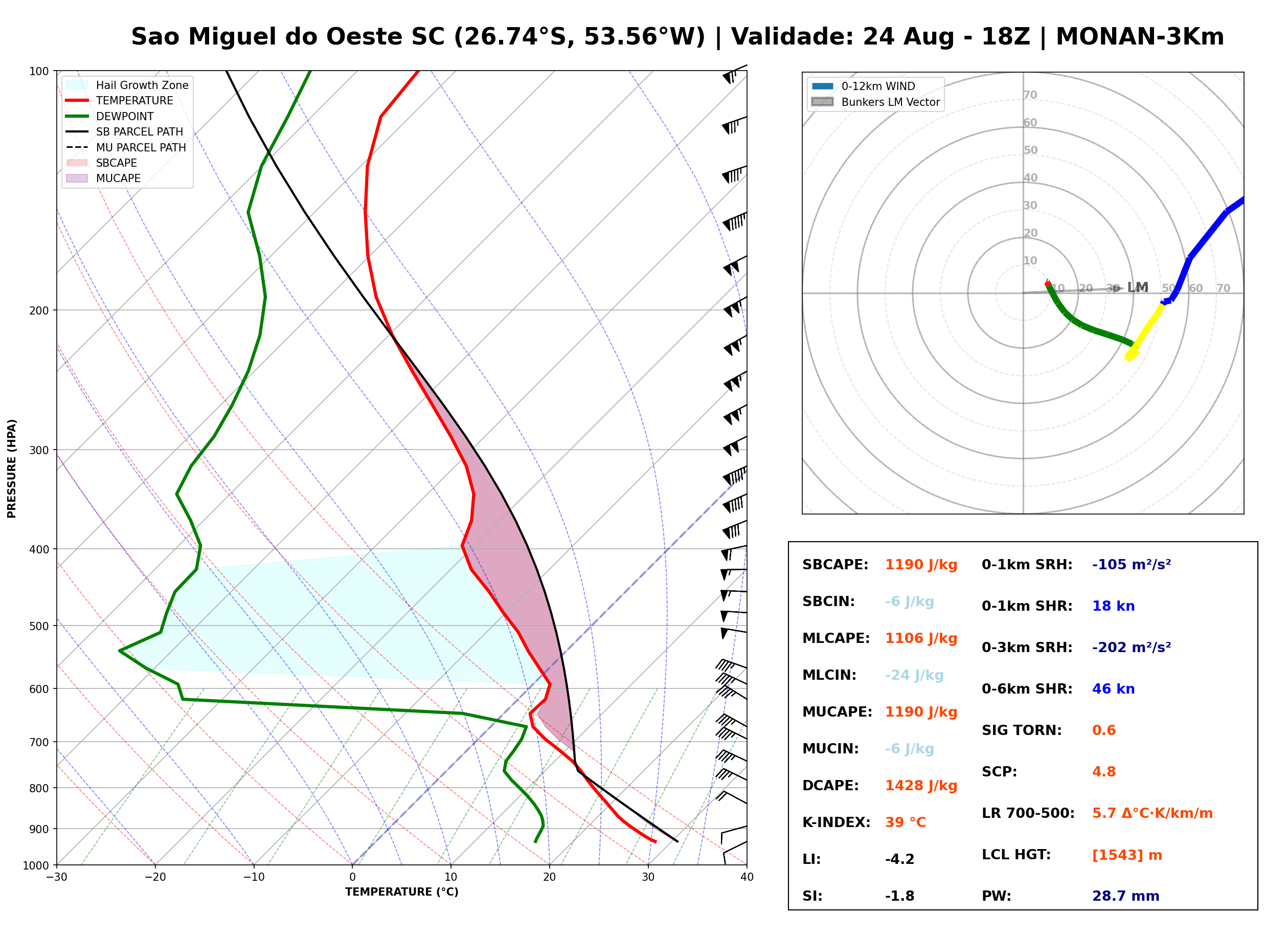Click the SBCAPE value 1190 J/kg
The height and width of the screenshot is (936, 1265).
(x=921, y=565)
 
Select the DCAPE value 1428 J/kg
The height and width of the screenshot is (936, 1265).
(x=921, y=786)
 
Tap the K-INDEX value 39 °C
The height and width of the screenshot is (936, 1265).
(x=906, y=822)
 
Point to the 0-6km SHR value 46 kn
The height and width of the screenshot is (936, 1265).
(x=1113, y=689)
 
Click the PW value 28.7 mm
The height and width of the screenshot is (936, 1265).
(x=1126, y=896)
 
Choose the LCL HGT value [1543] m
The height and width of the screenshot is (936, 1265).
(x=1127, y=855)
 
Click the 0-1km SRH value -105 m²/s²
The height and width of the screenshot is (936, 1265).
(x=1132, y=565)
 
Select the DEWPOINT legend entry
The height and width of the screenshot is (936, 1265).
(x=110, y=116)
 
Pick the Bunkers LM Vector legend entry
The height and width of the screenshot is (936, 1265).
(x=875, y=102)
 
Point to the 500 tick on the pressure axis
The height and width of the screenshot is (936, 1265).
(x=38, y=626)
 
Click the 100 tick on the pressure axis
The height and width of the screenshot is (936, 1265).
(x=38, y=71)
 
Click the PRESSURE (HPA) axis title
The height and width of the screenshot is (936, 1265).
(x=12, y=469)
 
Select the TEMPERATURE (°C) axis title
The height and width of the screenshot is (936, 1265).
(x=402, y=893)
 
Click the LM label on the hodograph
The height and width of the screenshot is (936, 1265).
(x=1138, y=287)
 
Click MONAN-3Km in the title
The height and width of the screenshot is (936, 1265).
(x=1140, y=37)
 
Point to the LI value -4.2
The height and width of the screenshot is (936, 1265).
(x=900, y=859)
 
